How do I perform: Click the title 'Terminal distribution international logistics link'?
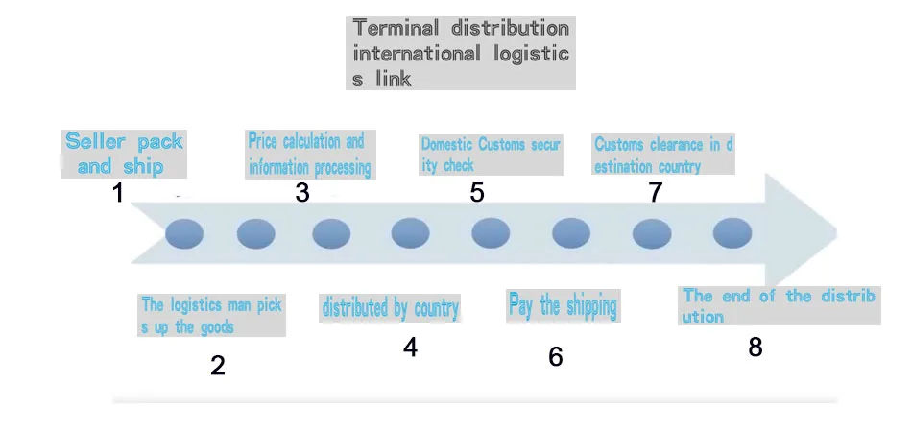coord(460,54)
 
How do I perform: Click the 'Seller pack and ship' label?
coord(123,154)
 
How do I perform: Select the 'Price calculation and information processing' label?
coord(308,155)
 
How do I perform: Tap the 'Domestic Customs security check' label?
coord(490,155)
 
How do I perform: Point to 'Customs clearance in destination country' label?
coord(662,155)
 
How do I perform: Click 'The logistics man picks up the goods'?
coord(211,316)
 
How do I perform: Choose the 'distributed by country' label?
coord(390,308)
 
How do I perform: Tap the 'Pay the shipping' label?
coord(563,306)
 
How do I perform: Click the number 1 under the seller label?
coord(118,193)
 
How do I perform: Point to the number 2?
coord(218,365)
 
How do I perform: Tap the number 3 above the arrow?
coord(302,193)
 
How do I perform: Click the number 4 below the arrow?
coord(410,348)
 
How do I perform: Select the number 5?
coord(477,193)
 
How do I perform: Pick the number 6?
coord(556,357)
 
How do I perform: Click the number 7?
coord(655,193)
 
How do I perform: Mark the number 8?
coord(756,348)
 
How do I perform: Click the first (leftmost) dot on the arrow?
coord(184,233)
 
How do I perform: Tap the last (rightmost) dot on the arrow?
coord(732,233)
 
